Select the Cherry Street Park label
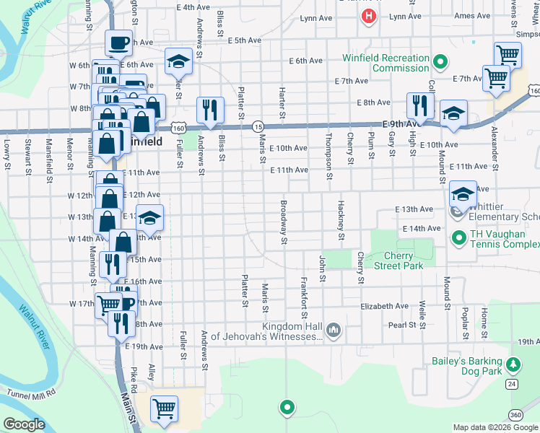pyautogui.click(x=394, y=261)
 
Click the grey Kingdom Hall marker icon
pyautogui.click(x=333, y=331)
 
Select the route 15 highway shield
pyautogui.click(x=258, y=126)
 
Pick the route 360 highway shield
pyautogui.click(x=515, y=414)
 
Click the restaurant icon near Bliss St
pyautogui.click(x=209, y=108)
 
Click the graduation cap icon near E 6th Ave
pyautogui.click(x=178, y=61)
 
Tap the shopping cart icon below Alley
pyautogui.click(x=164, y=408)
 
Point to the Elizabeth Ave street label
pyautogui.click(x=386, y=306)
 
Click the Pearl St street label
pyautogui.click(x=403, y=325)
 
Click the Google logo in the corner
pyautogui.click(x=24, y=424)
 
